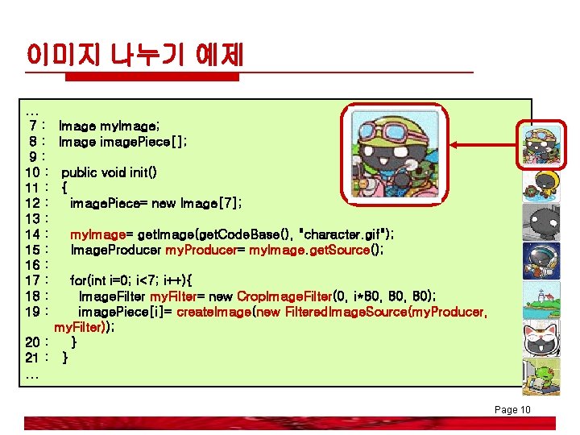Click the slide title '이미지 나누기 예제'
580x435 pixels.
(x=135, y=56)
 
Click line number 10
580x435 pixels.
(x=34, y=172)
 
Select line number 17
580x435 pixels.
(x=34, y=280)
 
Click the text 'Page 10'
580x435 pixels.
(x=512, y=410)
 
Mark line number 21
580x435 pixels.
(x=34, y=358)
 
